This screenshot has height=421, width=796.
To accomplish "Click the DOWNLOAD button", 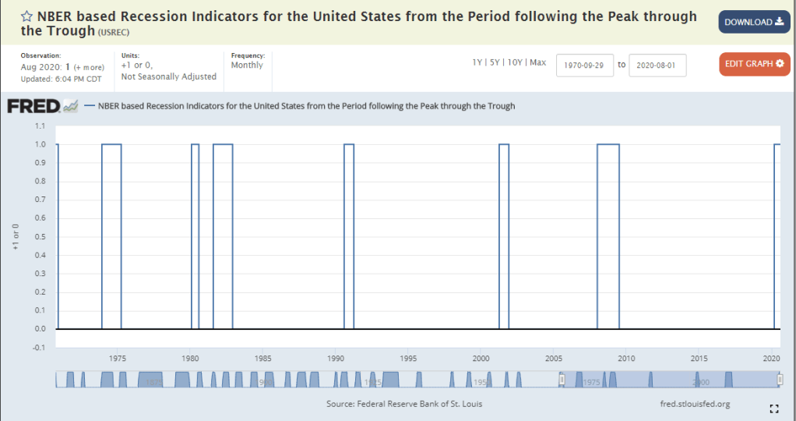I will click(754, 22).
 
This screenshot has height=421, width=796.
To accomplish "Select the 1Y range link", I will click(477, 62).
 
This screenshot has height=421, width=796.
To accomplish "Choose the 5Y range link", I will click(495, 62).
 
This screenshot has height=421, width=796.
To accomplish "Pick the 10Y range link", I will click(515, 62).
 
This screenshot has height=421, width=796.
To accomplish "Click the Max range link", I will click(538, 62).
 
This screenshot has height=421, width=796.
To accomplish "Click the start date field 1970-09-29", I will click(585, 65).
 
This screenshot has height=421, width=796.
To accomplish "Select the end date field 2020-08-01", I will click(657, 65).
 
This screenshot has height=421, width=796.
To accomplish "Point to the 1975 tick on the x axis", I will click(118, 359).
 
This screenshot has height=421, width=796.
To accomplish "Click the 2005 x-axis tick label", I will click(554, 359).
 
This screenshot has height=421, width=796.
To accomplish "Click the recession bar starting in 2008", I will click(608, 234).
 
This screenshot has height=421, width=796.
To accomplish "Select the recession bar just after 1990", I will click(349, 234).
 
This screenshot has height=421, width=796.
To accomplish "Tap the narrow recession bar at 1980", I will click(195, 234).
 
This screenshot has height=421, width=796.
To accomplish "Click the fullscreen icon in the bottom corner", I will click(774, 409).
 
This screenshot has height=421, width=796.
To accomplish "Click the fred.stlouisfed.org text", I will click(694, 404).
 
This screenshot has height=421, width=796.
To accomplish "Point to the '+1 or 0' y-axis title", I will click(16, 237).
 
